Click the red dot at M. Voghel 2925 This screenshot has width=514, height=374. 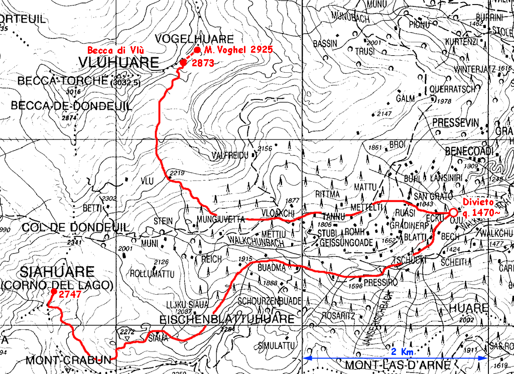(x=197, y=50)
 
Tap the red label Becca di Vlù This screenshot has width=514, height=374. (x=116, y=50)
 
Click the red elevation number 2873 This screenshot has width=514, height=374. (x=203, y=63)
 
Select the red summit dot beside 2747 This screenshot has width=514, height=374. (x=53, y=291)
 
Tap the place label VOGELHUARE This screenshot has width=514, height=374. (x=194, y=39)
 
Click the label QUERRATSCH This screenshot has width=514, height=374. (x=452, y=90)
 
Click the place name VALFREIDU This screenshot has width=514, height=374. (x=230, y=155)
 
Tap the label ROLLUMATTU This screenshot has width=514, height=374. (x=152, y=274)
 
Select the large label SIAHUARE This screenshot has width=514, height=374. (x=57, y=272)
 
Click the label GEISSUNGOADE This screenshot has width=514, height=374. (x=346, y=243)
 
